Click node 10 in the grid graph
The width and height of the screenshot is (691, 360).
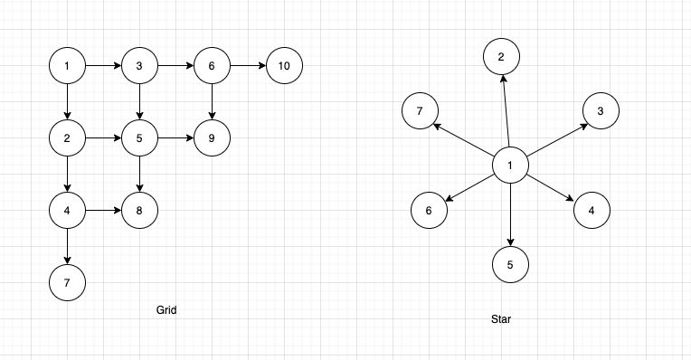(284, 66)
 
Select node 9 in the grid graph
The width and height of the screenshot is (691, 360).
(212, 138)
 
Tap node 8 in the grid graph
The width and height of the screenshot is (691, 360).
(139, 211)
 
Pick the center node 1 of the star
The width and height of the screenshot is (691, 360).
(510, 166)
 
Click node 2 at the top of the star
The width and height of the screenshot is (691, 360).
(501, 57)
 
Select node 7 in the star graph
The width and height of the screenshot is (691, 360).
(420, 111)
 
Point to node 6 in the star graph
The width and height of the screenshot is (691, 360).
(429, 211)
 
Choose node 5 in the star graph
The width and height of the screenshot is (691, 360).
(510, 265)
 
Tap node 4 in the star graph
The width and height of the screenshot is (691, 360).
(592, 211)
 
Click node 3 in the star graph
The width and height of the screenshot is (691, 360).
(601, 111)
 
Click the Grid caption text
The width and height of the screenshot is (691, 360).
(166, 310)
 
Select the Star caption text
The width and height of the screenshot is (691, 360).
(501, 319)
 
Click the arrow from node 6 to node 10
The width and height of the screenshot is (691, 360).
(248, 66)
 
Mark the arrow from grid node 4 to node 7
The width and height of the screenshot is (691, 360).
(67, 247)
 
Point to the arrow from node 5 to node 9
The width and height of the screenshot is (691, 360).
(175, 138)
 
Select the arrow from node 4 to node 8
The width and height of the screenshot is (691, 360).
(103, 211)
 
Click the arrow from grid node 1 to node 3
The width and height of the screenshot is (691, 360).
(103, 66)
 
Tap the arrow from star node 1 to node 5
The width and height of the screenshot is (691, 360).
(510, 215)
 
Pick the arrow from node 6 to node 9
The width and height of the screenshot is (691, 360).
(212, 102)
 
